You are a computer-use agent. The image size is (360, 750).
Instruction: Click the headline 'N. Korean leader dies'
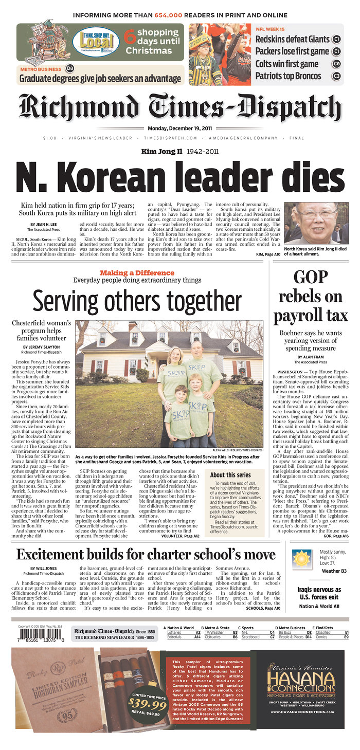click(180, 178)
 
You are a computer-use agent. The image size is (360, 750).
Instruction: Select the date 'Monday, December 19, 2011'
click(180, 129)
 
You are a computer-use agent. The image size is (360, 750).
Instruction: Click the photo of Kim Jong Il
click(317, 224)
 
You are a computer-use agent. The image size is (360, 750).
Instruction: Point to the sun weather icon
click(300, 558)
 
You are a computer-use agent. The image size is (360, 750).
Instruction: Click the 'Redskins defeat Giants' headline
click(292, 39)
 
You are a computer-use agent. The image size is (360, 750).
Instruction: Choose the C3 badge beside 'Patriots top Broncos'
click(336, 76)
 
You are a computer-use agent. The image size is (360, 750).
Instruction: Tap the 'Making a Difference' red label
click(137, 272)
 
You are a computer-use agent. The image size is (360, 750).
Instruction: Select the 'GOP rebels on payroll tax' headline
click(311, 296)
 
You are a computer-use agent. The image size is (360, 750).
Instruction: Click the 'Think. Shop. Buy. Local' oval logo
click(96, 41)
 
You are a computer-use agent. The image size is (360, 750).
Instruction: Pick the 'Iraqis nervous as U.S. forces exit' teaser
click(319, 593)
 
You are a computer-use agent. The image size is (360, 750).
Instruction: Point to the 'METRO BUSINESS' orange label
click(41, 68)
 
